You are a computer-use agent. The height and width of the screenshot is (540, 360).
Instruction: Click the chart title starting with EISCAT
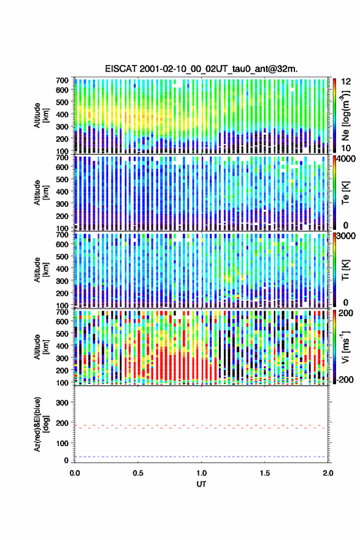coord(201,69)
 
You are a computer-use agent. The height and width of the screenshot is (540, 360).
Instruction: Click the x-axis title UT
coord(201,484)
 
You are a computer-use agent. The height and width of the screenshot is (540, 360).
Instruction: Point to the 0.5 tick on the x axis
coord(138,473)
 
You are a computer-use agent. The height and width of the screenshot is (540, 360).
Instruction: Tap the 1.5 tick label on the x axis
coord(265,473)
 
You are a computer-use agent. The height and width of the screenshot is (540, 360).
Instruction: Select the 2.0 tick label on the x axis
coord(328,473)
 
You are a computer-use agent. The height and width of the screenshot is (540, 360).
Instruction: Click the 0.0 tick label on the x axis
coord(75,473)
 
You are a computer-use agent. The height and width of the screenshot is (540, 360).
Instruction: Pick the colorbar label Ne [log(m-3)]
coord(345,115)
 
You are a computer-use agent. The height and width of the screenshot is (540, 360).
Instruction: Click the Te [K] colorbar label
coord(345,193)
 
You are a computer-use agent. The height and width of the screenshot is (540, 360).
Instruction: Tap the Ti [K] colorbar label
coord(345,270)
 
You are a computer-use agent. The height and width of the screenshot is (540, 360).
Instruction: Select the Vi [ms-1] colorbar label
coord(345,347)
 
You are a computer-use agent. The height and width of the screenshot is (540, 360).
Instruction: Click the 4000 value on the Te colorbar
coord(346,159)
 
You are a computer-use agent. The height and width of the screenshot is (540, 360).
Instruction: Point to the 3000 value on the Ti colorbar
coord(346,236)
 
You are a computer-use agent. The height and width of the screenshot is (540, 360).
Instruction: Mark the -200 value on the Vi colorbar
coord(345,380)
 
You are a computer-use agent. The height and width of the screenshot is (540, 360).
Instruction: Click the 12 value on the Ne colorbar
coord(347,82)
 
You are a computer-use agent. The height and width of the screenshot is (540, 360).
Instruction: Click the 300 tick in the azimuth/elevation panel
coord(63,403)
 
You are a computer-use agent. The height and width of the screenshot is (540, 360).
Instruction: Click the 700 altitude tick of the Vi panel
coord(63,312)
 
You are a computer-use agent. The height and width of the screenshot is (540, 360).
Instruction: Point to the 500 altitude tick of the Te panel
coord(63,179)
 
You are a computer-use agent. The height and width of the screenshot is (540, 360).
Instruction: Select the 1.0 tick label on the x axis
coord(201,473)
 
